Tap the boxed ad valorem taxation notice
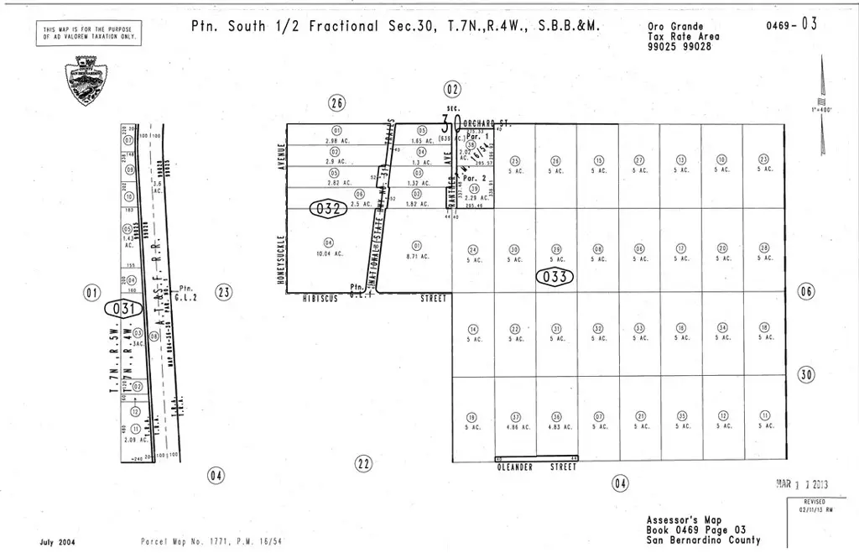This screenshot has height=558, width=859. coord(93,34)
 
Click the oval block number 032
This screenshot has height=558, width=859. coord(328,207)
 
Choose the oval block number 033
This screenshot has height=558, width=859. coord(555,276)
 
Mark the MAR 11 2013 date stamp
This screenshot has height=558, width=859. coord(804,483)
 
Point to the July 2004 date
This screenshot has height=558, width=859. coord(57,542)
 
